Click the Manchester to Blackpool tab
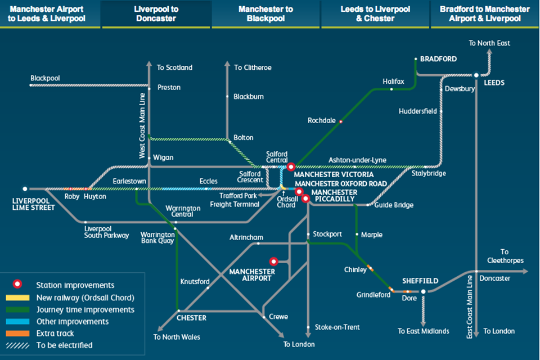pyautogui.click(x=266, y=14)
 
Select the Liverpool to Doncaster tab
pyautogui.click(x=156, y=14)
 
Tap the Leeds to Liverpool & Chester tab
pyautogui.click(x=375, y=14)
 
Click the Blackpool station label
pyautogui.click(x=46, y=78)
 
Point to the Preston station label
pyautogui.click(x=169, y=88)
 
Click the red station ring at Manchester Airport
pyautogui.click(x=274, y=262)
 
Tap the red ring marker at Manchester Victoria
pyautogui.click(x=291, y=166)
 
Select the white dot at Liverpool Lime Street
pyautogui.click(x=25, y=189)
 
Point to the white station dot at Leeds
pyautogui.click(x=476, y=75)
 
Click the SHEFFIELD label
pyautogui.click(x=420, y=281)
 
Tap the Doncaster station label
pyautogui.click(x=495, y=278)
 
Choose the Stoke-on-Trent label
pyautogui.click(x=337, y=327)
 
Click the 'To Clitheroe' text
pyautogui.click(x=253, y=67)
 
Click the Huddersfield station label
pyautogui.click(x=418, y=111)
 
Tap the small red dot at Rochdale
pyautogui.click(x=341, y=121)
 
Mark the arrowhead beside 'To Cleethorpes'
pyautogui.click(x=525, y=272)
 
